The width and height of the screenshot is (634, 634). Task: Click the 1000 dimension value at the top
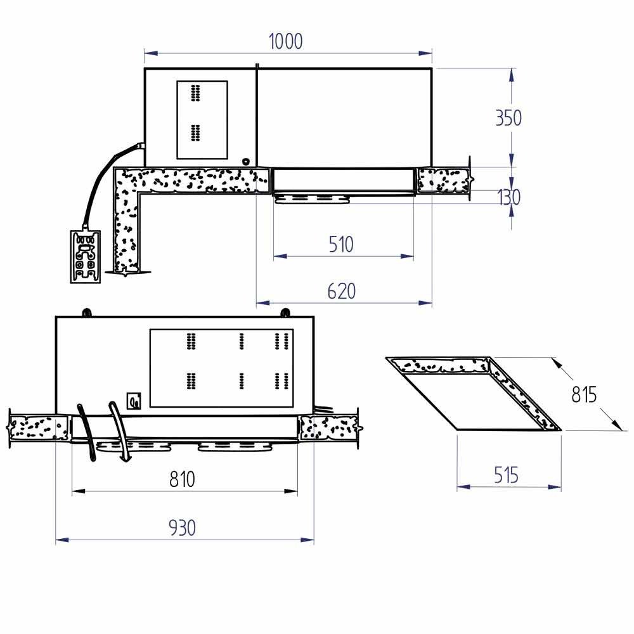pyautogui.click(x=286, y=41)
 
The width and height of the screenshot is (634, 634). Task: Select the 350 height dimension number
pyautogui.click(x=508, y=118)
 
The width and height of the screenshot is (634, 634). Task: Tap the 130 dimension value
pyautogui.click(x=508, y=197)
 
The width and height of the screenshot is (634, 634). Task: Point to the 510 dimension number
pyautogui.click(x=341, y=244)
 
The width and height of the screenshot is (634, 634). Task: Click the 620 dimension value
pyautogui.click(x=342, y=291)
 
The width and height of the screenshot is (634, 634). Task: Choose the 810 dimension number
pyautogui.click(x=182, y=479)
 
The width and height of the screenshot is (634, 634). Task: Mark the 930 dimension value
pyautogui.click(x=182, y=527)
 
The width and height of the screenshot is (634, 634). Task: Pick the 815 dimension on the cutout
pyautogui.click(x=584, y=394)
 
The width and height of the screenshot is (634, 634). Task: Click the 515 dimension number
pyautogui.click(x=506, y=474)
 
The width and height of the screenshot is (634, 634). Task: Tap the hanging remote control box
pyautogui.click(x=84, y=256)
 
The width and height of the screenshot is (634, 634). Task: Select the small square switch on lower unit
pyautogui.click(x=134, y=401)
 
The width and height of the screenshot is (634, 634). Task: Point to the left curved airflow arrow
pyautogui.click(x=87, y=431)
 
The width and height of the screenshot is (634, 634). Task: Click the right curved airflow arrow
pyautogui.click(x=119, y=430)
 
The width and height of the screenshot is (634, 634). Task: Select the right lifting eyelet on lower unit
pyautogui.click(x=286, y=312)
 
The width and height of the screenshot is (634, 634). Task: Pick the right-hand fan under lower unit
pyautogui.click(x=235, y=447)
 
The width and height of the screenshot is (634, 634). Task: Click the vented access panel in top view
pyautogui.click(x=202, y=119)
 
